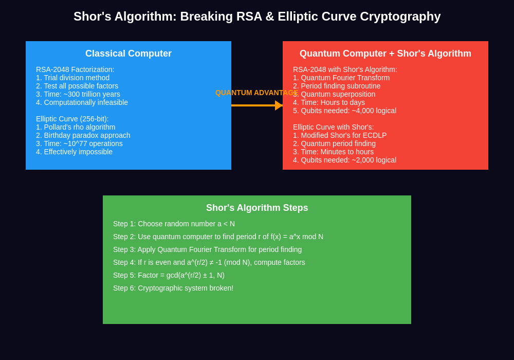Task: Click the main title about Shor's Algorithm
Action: click(257, 16)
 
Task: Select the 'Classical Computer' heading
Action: click(128, 53)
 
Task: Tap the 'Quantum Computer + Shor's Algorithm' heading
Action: click(385, 53)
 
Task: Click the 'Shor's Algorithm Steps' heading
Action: click(257, 208)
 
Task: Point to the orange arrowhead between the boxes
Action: click(279, 105)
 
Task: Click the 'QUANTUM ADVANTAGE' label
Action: click(256, 93)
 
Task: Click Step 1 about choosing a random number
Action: click(174, 224)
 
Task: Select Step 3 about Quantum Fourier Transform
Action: click(207, 249)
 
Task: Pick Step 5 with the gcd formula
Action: click(169, 275)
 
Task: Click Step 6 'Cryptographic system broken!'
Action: click(173, 288)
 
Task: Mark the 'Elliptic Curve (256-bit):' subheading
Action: click(72, 119)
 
